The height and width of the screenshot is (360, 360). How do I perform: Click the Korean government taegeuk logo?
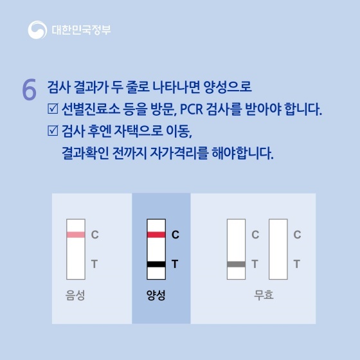37,30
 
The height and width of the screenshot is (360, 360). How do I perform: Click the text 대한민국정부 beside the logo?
81,30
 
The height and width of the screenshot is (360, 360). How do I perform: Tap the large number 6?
29,89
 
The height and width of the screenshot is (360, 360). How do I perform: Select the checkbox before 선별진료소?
53,109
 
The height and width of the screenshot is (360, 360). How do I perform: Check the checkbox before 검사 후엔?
53,130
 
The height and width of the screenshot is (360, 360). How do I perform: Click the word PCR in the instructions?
192,109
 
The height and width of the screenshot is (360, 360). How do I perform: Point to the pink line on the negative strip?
76,235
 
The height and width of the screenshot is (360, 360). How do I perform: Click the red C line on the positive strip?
156,235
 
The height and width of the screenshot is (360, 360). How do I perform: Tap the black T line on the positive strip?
156,264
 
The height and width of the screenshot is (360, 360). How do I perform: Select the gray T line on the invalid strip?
236,264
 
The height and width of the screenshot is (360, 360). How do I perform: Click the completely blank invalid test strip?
278,249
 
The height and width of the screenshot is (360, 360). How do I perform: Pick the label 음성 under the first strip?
75,295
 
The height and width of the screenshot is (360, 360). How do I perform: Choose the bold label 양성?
156,295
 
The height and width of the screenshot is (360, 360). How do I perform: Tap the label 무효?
264,295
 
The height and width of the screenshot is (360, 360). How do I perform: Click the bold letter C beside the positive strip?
175,235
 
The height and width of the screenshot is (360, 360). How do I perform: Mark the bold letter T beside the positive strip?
175,264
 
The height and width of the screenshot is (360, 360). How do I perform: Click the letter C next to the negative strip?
95,235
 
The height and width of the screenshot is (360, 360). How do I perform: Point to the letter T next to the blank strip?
297,264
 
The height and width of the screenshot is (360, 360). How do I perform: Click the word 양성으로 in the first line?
228,87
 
